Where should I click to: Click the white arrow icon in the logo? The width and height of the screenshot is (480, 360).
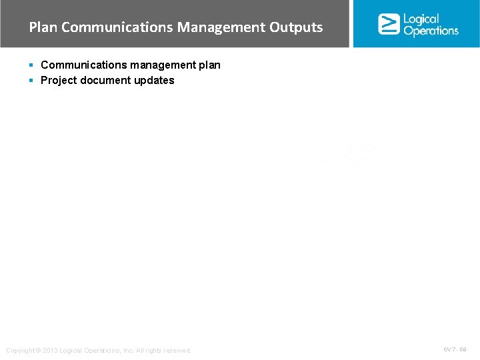(389, 24)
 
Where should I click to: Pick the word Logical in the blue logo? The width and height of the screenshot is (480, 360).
(421, 19)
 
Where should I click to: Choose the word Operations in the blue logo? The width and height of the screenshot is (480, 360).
(431, 31)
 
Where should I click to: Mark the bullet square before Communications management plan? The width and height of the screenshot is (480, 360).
(31, 65)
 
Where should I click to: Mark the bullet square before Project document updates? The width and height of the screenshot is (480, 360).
(31, 80)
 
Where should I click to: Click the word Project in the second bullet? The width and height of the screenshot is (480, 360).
(58, 80)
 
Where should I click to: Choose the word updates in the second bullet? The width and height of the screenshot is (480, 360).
(155, 80)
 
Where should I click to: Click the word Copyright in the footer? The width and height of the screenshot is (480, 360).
(19, 351)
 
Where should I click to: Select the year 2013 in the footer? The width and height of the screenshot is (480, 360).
(50, 351)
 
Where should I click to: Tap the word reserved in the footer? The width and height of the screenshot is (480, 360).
(177, 351)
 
